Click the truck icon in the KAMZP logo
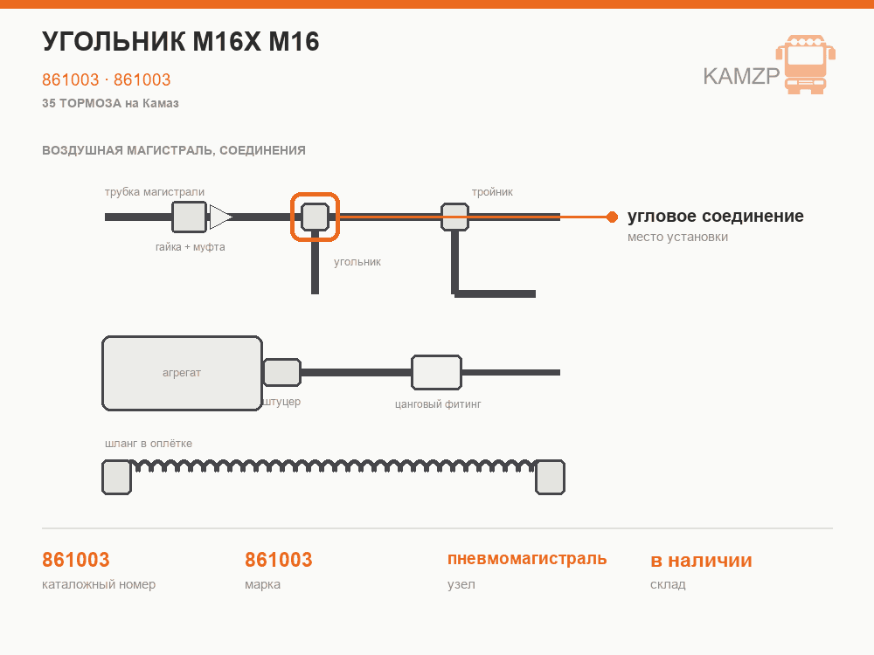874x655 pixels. click(x=806, y=65)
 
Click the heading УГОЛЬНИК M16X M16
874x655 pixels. click(x=181, y=42)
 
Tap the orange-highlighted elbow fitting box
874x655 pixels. click(x=315, y=217)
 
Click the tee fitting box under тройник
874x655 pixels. click(x=454, y=217)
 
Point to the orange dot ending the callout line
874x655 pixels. click(x=612, y=217)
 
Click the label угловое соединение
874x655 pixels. click(x=716, y=216)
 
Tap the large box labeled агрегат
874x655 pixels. click(x=183, y=373)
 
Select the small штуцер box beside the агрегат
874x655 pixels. click(x=282, y=373)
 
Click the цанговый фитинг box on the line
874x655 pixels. click(x=436, y=372)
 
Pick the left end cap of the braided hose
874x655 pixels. click(x=116, y=478)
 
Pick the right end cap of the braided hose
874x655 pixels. click(x=550, y=478)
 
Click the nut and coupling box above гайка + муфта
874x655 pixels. click(x=190, y=217)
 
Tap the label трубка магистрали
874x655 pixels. click(x=155, y=192)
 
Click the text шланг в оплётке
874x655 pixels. click(x=149, y=444)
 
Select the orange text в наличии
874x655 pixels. click(x=701, y=560)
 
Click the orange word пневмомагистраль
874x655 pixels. click(x=527, y=559)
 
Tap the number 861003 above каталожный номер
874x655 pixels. click(x=76, y=560)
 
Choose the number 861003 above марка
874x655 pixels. click(x=279, y=560)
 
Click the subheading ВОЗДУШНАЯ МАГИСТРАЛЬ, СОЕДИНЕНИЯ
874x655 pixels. click(x=174, y=150)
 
